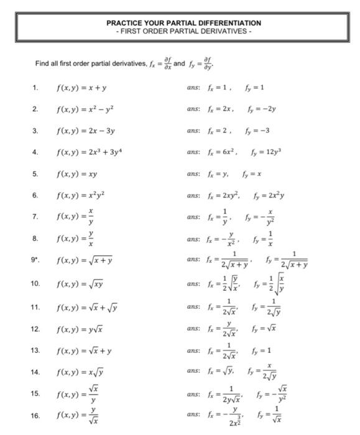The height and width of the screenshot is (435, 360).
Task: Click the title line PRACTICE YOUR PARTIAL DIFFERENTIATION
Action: (183, 23)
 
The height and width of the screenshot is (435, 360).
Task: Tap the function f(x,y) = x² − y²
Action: (85, 109)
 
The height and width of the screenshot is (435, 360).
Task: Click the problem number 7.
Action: (35, 217)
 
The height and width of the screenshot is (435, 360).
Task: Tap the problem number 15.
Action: (35, 393)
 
